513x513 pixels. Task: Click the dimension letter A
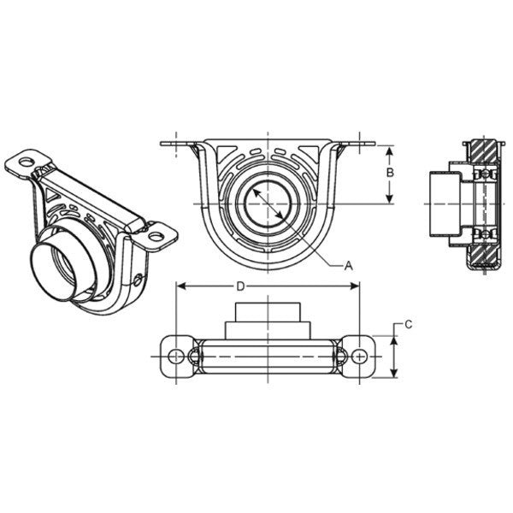tap(348, 266)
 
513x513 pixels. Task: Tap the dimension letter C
tap(409, 324)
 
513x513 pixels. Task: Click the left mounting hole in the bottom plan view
tap(177, 355)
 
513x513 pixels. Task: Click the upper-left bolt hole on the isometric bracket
tap(27, 161)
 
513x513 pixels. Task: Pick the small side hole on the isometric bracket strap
tap(139, 276)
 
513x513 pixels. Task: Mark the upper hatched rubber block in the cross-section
tap(486, 154)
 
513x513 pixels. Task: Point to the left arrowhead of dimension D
tap(180, 286)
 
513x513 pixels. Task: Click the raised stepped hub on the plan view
tap(268, 319)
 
